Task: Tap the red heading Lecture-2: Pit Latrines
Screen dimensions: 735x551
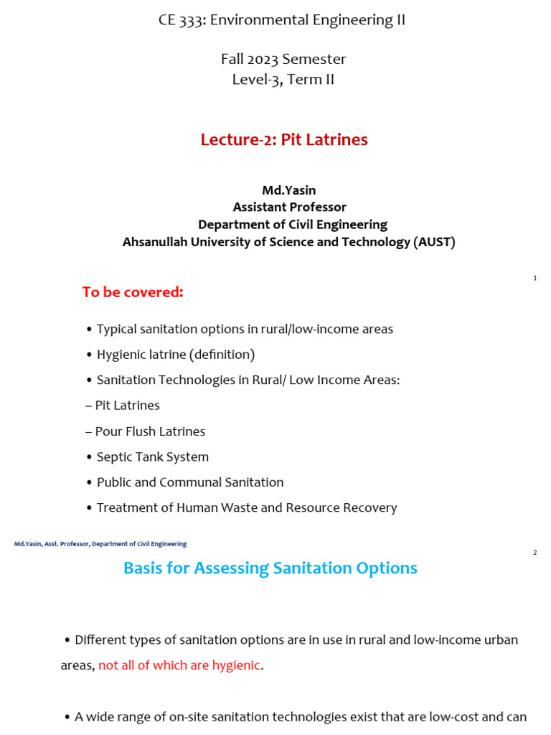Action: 284,140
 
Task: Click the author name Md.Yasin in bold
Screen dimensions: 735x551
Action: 289,190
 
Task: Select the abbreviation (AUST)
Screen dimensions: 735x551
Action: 434,242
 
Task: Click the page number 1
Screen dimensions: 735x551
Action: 535,278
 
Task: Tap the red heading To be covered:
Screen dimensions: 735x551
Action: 133,292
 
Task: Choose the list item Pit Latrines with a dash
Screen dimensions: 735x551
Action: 123,406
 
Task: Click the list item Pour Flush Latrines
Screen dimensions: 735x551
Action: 146,431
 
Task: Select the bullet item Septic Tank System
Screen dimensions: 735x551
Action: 152,457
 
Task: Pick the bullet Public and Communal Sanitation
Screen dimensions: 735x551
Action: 189,482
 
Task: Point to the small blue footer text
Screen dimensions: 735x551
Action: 100,544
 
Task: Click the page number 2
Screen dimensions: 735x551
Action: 535,553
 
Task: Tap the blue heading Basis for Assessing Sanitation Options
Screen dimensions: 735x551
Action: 270,568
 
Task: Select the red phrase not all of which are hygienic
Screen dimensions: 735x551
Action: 179,665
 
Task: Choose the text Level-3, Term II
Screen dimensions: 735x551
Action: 283,80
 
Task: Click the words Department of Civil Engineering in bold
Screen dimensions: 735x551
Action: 293,225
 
